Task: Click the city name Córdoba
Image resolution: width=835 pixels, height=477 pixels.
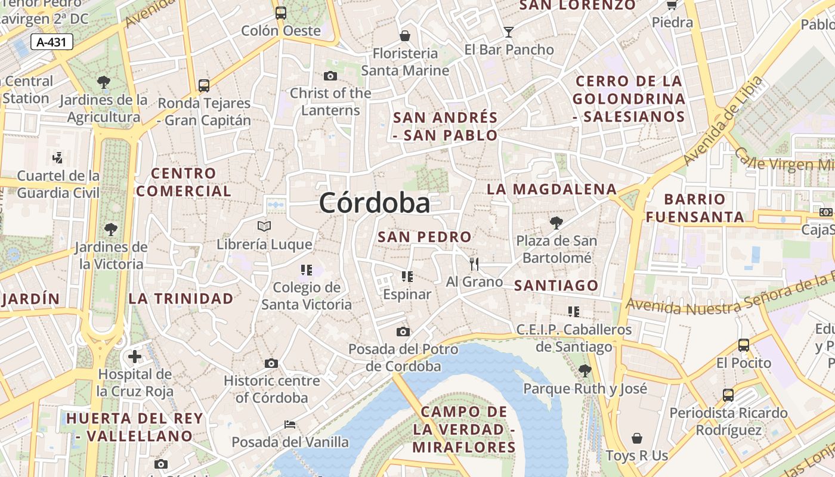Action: click(x=374, y=203)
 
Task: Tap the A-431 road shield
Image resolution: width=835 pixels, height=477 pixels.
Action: click(x=52, y=42)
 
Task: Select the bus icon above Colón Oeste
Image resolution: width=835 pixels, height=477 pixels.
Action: click(x=280, y=13)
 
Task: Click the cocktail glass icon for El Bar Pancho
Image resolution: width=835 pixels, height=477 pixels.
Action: click(x=509, y=32)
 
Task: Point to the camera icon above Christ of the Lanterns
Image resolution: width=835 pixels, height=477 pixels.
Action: click(x=330, y=76)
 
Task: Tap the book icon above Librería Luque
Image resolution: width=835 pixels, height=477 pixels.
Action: click(x=264, y=227)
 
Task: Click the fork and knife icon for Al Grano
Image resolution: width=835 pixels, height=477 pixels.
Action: click(x=474, y=264)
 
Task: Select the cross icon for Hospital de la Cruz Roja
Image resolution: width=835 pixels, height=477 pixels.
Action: click(x=135, y=357)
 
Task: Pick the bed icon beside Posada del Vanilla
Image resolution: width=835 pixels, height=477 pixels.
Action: click(x=290, y=425)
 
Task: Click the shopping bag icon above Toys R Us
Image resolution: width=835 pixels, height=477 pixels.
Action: click(x=637, y=438)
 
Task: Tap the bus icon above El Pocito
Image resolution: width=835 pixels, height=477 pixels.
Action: click(x=743, y=345)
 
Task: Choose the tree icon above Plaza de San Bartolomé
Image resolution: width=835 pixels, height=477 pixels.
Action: click(x=556, y=223)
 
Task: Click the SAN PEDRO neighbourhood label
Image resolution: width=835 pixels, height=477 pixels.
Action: click(x=425, y=237)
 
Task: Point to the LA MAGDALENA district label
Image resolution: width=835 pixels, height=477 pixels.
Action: click(x=552, y=190)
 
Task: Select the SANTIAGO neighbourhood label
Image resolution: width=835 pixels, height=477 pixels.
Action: click(x=556, y=286)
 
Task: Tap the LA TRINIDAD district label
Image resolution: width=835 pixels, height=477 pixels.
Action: click(x=181, y=299)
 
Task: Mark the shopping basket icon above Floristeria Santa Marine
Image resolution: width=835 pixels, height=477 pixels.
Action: click(x=405, y=36)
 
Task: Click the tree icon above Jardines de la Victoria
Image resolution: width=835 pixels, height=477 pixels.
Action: click(x=110, y=229)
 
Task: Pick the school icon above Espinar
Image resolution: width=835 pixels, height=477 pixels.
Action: click(x=407, y=276)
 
